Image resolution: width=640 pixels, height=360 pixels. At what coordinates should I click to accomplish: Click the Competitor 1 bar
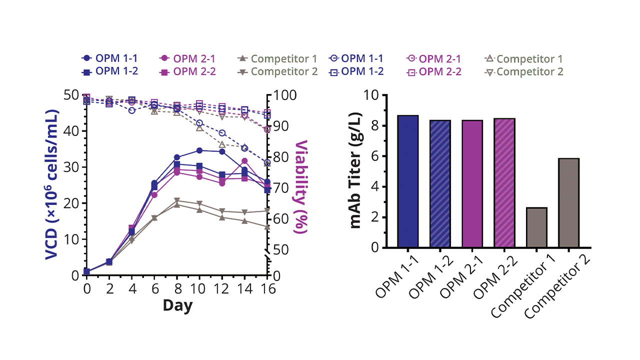pyautogui.click(x=536, y=227)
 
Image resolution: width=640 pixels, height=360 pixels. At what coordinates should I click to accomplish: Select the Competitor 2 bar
pyautogui.click(x=568, y=203)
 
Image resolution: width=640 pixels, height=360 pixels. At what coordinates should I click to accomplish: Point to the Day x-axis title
pyautogui.click(x=177, y=305)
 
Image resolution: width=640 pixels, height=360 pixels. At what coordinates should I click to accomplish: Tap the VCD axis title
pyautogui.click(x=51, y=184)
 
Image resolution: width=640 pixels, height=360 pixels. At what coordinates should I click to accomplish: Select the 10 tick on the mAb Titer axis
pyautogui.click(x=371, y=95)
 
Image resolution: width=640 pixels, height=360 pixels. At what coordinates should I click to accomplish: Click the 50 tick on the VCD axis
pyautogui.click(x=73, y=95)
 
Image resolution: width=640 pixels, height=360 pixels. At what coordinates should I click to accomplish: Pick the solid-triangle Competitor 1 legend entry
pyautogui.click(x=277, y=58)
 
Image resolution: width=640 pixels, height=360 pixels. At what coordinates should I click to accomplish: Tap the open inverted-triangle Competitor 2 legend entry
pyautogui.click(x=523, y=71)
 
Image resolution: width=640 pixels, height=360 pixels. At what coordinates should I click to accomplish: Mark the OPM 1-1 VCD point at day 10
pyautogui.click(x=199, y=150)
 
